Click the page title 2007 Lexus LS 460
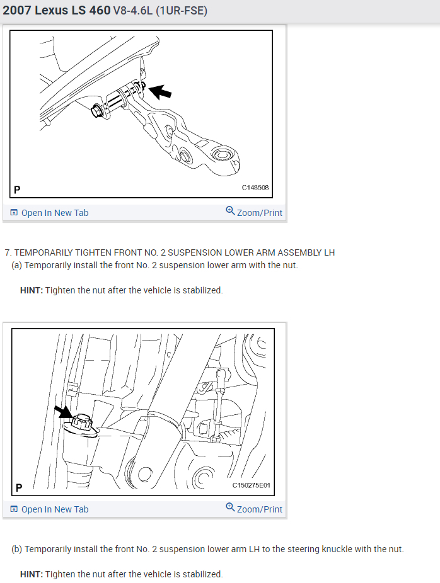tap(57, 10)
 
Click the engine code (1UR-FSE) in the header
tap(182, 11)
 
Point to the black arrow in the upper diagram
tap(161, 91)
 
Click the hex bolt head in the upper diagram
tap(96, 111)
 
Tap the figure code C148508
tap(255, 188)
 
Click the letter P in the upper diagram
tap(17, 190)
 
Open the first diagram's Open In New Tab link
tap(49, 213)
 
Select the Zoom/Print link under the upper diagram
tap(254, 212)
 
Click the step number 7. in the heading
tap(8, 253)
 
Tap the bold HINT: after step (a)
tap(32, 290)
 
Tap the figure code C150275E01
tap(252, 485)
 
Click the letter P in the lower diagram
tap(19, 487)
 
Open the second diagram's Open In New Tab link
tap(49, 509)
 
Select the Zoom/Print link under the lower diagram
tap(254, 509)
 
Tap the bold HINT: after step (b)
tap(32, 574)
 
